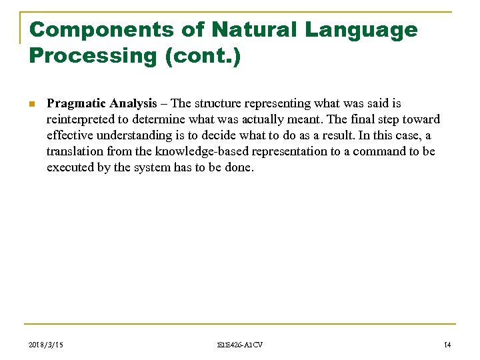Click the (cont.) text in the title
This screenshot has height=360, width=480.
(x=202, y=55)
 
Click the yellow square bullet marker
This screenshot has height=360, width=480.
(x=31, y=105)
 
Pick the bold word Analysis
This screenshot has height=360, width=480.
(x=133, y=104)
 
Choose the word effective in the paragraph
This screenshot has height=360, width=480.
(x=69, y=136)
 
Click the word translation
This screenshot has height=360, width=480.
(x=75, y=152)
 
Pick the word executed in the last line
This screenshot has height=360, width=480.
(x=70, y=168)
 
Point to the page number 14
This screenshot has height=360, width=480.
(x=447, y=344)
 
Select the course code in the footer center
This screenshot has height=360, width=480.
(x=240, y=344)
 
